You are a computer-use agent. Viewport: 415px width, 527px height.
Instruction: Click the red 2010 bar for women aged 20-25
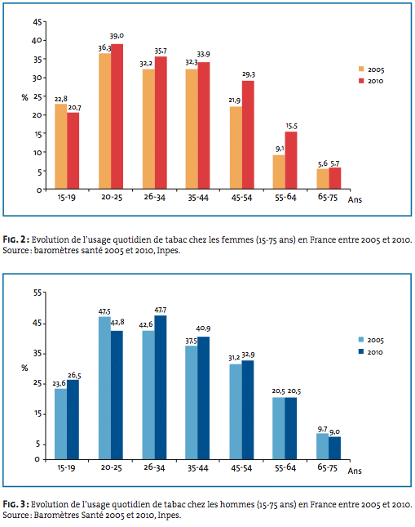pyautogui.click(x=117, y=116)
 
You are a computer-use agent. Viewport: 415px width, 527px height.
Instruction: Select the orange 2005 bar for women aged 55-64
pyautogui.click(x=279, y=172)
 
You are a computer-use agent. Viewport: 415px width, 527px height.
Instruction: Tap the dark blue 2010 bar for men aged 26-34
pyautogui.click(x=161, y=387)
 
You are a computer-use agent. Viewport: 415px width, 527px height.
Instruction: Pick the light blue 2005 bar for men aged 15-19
pyautogui.click(x=60, y=424)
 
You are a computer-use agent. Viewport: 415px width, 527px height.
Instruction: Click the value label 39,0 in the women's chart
pyautogui.click(x=117, y=36)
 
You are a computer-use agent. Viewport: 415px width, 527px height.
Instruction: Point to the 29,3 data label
pyautogui.click(x=249, y=74)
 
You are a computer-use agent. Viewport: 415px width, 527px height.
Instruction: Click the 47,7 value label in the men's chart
pyautogui.click(x=161, y=310)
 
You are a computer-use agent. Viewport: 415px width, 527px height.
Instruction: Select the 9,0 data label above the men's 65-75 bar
pyautogui.click(x=334, y=432)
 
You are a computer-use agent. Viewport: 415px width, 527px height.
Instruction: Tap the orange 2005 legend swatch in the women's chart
pyautogui.click(x=361, y=69)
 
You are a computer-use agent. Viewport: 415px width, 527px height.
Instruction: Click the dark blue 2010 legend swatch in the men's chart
pyautogui.click(x=361, y=351)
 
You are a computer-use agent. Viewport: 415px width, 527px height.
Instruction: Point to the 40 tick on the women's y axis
pyautogui.click(x=37, y=40)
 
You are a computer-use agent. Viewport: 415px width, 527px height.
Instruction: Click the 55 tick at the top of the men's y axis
pyautogui.click(x=38, y=293)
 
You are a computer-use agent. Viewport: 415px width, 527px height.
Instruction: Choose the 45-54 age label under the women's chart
pyautogui.click(x=241, y=198)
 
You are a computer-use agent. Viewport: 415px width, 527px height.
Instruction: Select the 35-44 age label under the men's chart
pyautogui.click(x=198, y=468)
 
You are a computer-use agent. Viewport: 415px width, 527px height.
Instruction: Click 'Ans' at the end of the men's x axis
pyautogui.click(x=355, y=471)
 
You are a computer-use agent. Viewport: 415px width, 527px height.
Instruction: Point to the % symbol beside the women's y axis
pyautogui.click(x=24, y=97)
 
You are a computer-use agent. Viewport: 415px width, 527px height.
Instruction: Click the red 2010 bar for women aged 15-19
pyautogui.click(x=73, y=150)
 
